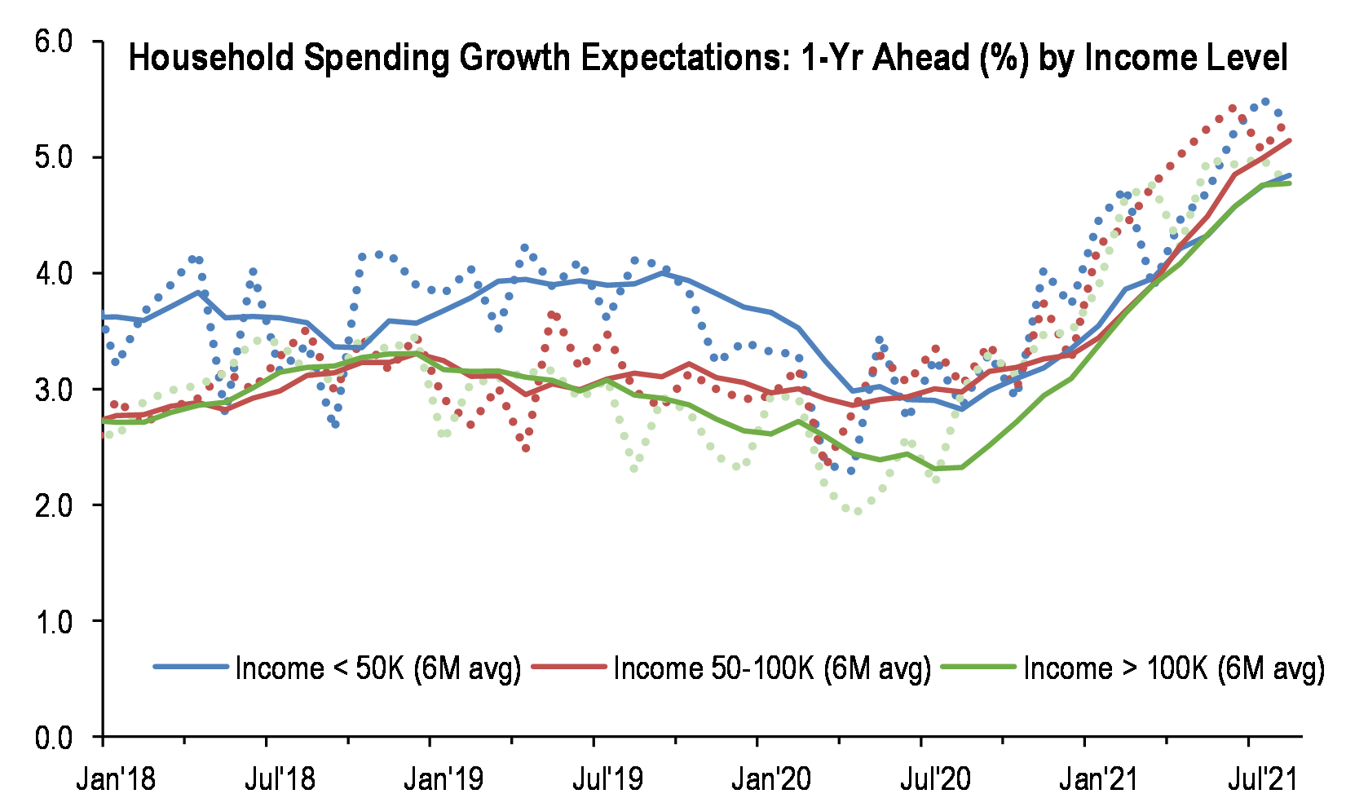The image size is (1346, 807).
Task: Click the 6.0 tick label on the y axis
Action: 54,41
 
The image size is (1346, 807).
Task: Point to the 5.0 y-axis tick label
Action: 54,157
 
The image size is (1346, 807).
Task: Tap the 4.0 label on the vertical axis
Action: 54,273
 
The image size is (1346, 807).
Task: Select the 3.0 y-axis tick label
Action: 54,389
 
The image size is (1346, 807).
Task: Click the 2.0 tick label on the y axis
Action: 54,505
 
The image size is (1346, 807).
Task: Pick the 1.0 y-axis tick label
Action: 54,621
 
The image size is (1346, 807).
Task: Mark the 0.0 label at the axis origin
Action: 54,737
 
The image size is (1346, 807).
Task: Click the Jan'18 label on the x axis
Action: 116,779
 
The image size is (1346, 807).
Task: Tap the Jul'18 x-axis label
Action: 280,779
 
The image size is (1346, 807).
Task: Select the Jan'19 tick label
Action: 444,779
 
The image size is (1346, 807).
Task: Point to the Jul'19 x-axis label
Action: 607,779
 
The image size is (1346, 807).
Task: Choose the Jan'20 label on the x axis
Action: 771,779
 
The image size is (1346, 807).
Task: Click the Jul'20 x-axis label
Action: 935,779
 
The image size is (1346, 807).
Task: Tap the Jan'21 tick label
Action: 1098,779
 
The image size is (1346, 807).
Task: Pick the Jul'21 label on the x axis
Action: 1262,779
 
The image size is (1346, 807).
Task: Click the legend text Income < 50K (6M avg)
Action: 377,668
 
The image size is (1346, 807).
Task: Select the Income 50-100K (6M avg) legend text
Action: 772,668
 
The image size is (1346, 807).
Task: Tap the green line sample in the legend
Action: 978,667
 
